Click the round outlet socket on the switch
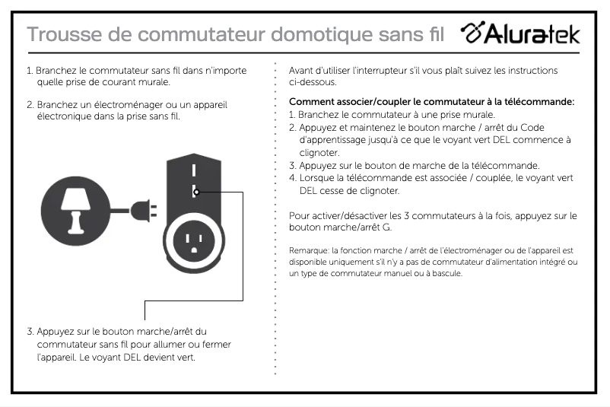[194, 242]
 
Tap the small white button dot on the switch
[195, 192]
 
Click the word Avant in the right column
[302, 71]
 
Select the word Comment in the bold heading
[313, 102]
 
